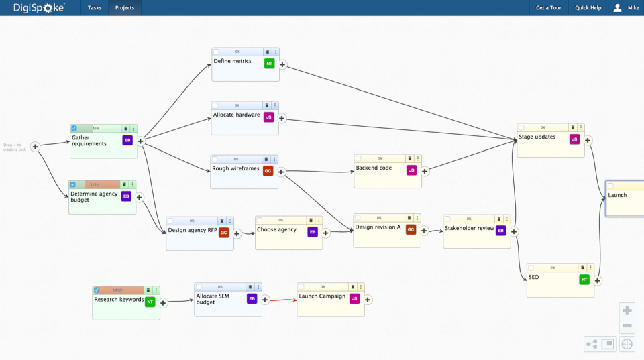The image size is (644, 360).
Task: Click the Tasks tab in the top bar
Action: pos(95,8)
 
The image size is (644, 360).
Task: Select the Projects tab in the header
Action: pos(124,8)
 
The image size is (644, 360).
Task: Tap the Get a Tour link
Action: pos(548,8)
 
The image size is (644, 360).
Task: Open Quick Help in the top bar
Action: pos(588,8)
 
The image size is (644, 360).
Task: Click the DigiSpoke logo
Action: pos(39,8)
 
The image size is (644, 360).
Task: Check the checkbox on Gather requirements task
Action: pos(74,128)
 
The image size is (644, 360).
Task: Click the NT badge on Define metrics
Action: pos(269,64)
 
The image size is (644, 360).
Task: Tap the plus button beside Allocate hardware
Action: pos(282,118)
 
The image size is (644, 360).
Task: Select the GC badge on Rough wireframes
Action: pos(268,171)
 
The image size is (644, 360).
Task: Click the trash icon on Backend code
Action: pos(409,158)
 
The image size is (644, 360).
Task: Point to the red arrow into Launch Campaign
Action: pos(282,300)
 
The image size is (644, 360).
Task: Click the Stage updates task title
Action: pos(537,137)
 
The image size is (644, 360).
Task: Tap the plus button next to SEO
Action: pos(597,280)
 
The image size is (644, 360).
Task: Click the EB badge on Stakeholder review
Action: pos(500,231)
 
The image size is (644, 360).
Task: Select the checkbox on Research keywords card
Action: pos(97,290)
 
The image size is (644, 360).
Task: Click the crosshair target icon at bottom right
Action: pos(627,344)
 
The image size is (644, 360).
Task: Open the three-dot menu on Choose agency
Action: pos(319,220)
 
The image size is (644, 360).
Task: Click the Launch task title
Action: pos(617,196)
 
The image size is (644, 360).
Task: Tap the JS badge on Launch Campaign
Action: pos(354,299)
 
